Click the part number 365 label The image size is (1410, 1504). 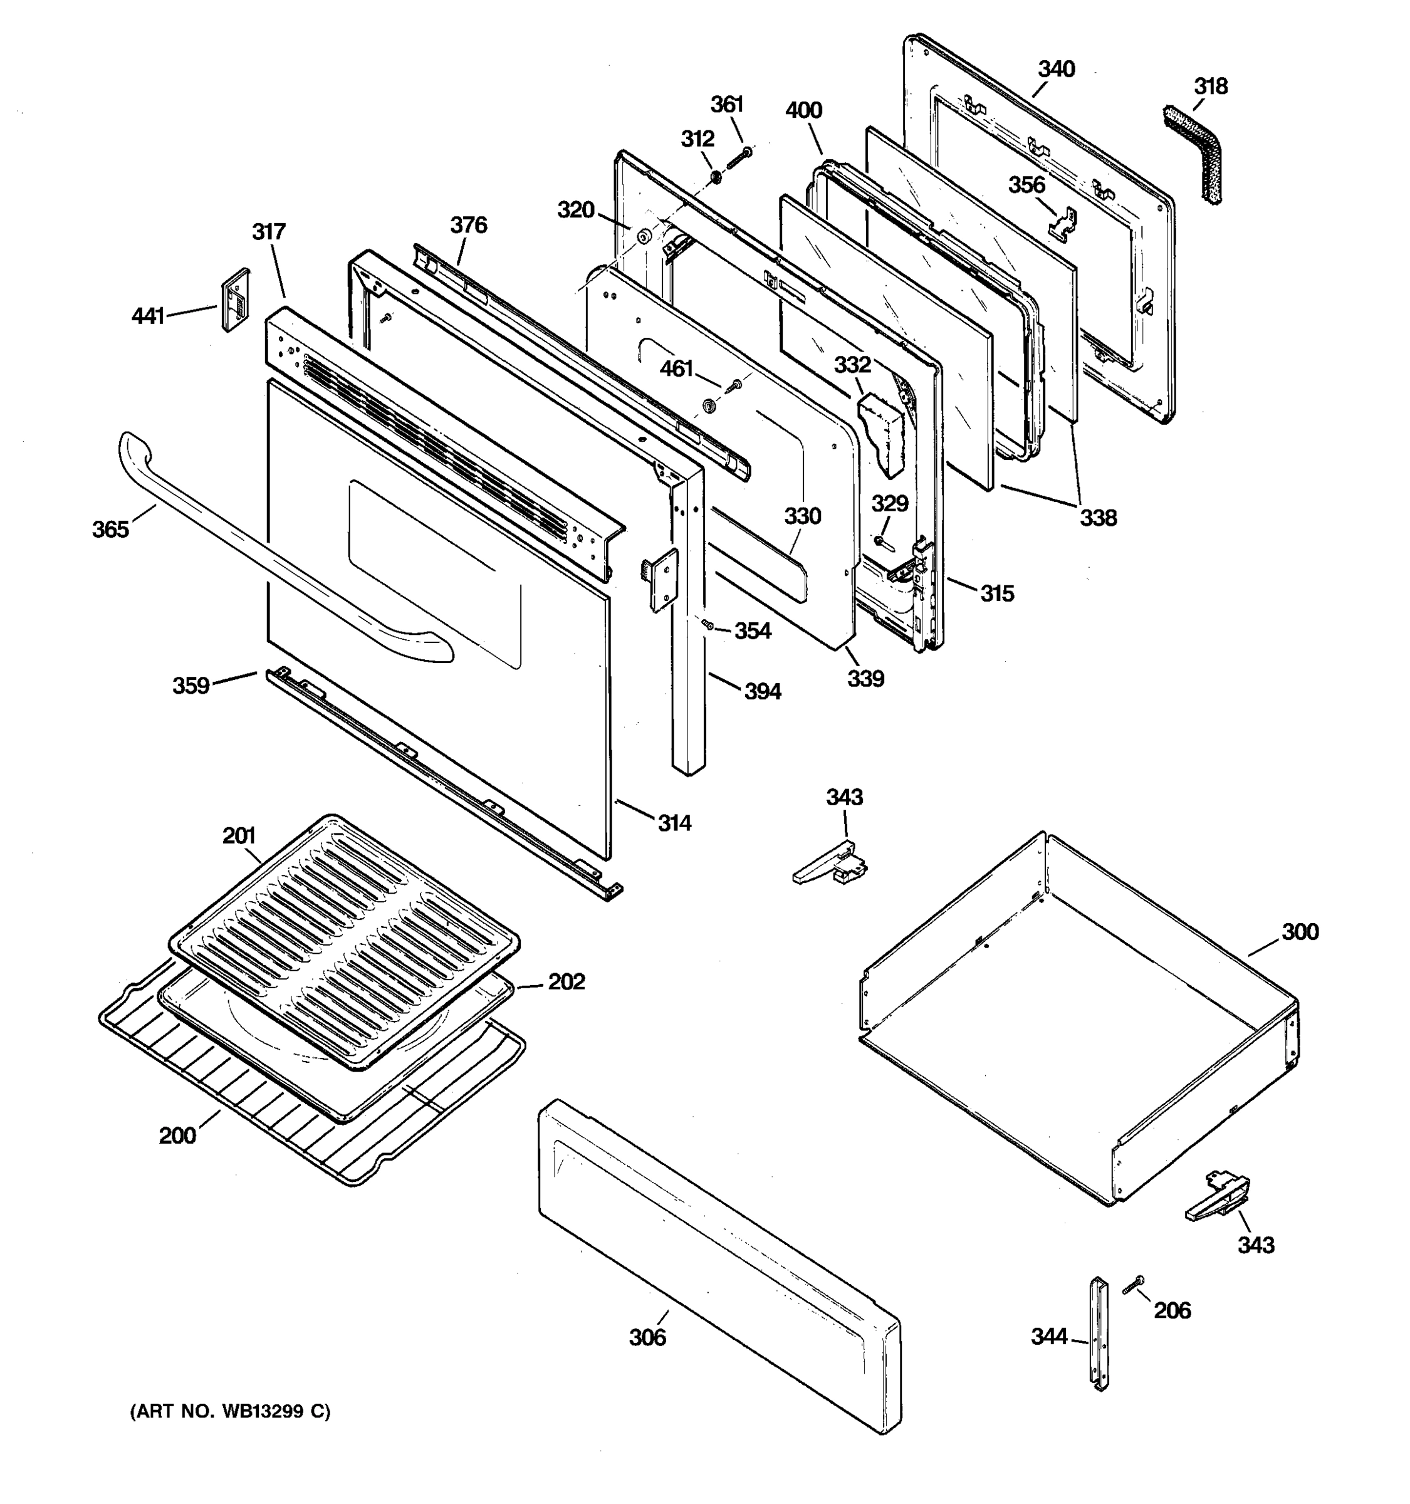click(x=110, y=530)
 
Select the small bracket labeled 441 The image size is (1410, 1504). click(x=234, y=299)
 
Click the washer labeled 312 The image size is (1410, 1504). click(x=714, y=179)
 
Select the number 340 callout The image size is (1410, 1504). click(x=1056, y=70)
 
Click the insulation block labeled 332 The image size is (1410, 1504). click(x=882, y=434)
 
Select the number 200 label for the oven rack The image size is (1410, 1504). click(x=177, y=1136)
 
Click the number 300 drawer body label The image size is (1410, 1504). click(x=1300, y=932)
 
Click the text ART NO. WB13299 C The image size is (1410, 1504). click(x=231, y=1412)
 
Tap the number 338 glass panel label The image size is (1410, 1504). click(x=1097, y=518)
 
